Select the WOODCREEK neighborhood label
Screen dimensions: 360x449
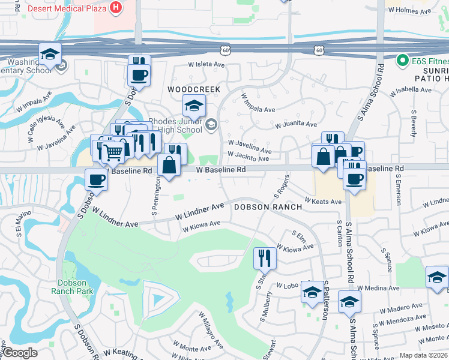point(194,89)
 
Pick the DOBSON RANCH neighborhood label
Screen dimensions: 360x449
point(262,206)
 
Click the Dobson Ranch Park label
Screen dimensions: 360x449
point(76,287)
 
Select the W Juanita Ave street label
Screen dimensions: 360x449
point(295,125)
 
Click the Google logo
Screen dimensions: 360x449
point(20,353)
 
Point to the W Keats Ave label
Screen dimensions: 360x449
point(323,202)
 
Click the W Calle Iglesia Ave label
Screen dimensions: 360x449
point(46,123)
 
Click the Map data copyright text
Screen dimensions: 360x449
point(424,355)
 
